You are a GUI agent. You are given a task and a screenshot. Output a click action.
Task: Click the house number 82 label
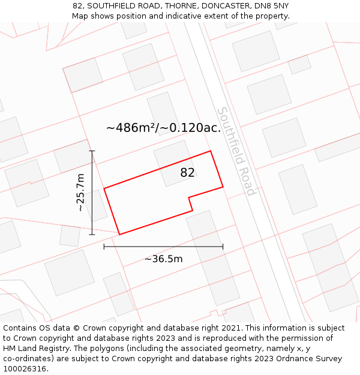(187, 173)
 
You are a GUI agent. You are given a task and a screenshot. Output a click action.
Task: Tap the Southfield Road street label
(236, 151)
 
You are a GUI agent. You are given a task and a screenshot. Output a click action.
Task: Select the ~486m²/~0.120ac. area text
(163, 128)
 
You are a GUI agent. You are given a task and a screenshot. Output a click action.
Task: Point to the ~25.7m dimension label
(80, 193)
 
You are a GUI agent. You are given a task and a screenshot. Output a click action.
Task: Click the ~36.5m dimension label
(163, 259)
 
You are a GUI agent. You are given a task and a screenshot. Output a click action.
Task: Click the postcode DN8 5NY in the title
(272, 6)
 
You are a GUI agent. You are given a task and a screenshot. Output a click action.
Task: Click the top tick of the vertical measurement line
(92, 151)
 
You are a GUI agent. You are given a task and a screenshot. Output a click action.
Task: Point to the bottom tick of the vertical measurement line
(92, 234)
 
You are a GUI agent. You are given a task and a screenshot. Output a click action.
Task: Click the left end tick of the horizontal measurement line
(104, 246)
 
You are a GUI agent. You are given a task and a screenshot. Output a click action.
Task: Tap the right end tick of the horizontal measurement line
(223, 246)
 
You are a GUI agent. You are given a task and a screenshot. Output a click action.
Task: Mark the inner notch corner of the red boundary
(189, 197)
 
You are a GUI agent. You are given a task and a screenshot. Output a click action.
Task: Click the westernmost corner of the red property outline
(104, 189)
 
